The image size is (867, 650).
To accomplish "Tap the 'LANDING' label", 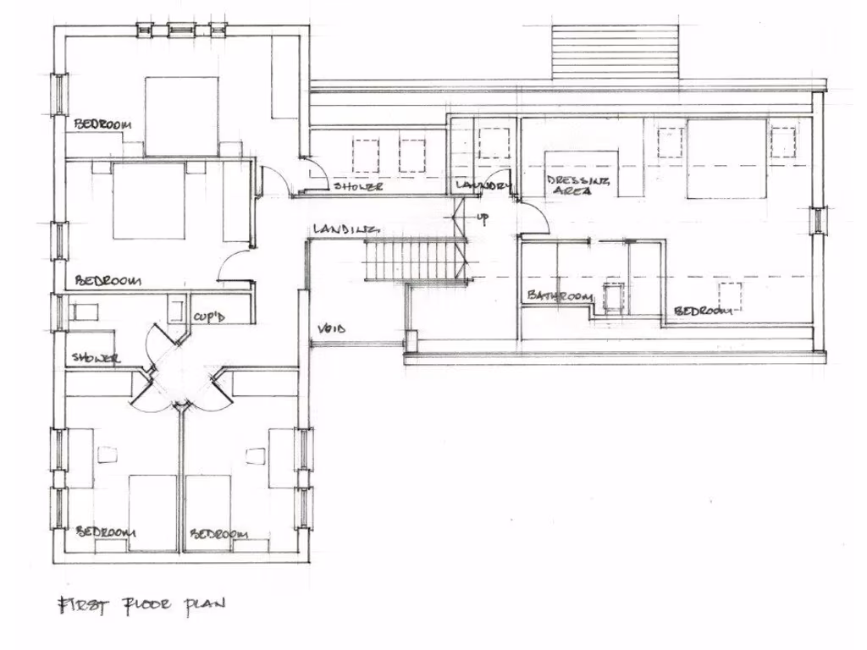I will click(343, 229).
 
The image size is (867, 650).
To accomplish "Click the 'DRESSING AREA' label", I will click(571, 186).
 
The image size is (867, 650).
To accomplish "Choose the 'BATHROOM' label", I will click(559, 296).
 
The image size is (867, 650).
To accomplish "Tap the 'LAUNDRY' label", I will click(483, 185).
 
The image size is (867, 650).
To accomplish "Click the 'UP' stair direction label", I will click(483, 218).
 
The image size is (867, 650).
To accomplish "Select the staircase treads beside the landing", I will click(415, 261).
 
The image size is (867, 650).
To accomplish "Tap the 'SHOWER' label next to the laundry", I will click(358, 186).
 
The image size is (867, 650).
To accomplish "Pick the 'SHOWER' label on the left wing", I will click(96, 358).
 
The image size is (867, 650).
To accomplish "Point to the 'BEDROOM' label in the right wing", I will click(702, 311).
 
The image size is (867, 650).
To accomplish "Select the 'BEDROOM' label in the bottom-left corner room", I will click(106, 532).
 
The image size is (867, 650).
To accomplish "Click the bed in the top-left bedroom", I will click(181, 116).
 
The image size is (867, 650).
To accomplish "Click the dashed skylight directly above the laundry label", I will click(494, 143).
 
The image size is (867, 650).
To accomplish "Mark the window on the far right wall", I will click(818, 220).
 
